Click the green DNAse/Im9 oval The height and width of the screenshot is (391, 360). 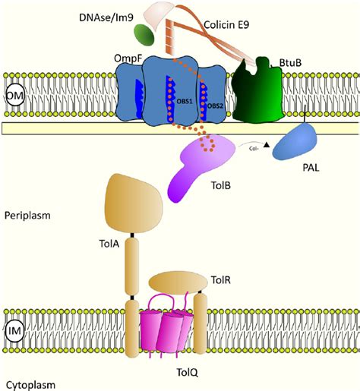pyautogui.click(x=122, y=34)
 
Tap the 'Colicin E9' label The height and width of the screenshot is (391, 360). pyautogui.click(x=229, y=24)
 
